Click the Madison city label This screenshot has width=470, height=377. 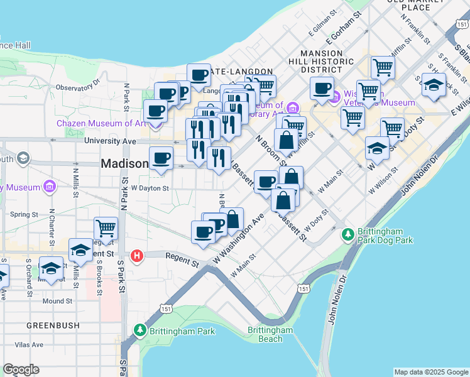click(124, 163)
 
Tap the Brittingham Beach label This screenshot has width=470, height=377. click(270, 334)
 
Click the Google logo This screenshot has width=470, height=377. click(21, 369)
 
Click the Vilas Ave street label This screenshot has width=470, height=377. click(30, 344)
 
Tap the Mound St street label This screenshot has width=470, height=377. click(58, 301)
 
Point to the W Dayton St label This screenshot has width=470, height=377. click(150, 188)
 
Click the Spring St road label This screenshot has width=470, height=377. click(25, 214)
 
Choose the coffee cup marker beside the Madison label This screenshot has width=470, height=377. click(161, 158)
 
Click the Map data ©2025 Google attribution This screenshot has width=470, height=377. click(431, 372)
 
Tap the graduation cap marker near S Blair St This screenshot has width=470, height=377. click(433, 84)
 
